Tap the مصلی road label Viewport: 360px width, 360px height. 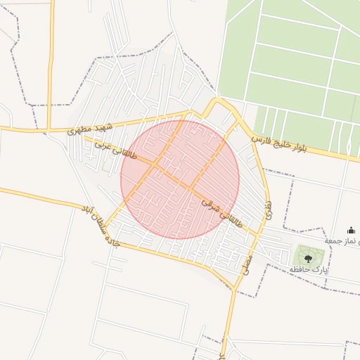pyautogui.click(x=247, y=262)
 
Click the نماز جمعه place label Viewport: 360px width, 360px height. pyautogui.click(x=345, y=240)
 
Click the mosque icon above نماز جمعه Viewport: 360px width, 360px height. pyautogui.click(x=352, y=230)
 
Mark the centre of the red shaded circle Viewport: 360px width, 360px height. pyautogui.click(x=180, y=179)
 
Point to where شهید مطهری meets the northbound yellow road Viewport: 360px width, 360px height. pyautogui.click(x=50, y=130)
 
